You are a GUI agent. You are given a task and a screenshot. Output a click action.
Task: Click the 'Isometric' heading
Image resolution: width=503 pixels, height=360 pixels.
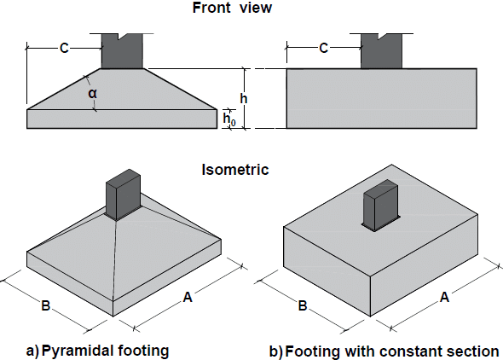(234, 169)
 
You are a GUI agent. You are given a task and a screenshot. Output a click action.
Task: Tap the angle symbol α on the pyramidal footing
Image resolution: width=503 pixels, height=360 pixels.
(92, 93)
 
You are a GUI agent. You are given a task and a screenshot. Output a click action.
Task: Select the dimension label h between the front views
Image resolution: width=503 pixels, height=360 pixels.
(244, 99)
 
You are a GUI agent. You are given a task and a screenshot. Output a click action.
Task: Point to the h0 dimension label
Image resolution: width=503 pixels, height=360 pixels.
(229, 119)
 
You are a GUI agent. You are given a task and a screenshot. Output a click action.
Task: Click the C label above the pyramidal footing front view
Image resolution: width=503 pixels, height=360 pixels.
(64, 49)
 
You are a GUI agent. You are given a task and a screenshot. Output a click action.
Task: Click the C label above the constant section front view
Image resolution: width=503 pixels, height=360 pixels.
(323, 49)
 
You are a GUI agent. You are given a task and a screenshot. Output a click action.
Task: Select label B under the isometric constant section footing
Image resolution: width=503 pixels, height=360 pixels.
(303, 305)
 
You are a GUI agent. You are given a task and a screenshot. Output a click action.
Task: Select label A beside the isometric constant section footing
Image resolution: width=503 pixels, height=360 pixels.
(442, 298)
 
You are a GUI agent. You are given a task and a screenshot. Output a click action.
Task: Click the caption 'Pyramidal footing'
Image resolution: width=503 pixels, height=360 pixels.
(106, 351)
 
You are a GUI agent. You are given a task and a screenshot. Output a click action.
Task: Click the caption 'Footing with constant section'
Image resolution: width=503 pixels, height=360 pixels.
(391, 351)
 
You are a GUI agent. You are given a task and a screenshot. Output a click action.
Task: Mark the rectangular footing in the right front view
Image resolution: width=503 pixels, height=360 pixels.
(380, 98)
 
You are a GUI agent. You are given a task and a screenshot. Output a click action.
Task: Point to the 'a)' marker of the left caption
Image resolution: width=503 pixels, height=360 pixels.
(32, 351)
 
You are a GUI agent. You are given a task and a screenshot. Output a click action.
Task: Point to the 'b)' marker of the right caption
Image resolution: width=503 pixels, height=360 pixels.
(275, 351)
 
